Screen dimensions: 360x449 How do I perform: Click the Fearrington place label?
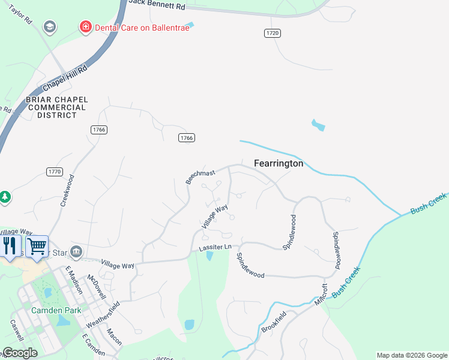[279, 163]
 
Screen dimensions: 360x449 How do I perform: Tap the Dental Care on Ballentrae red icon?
[85, 27]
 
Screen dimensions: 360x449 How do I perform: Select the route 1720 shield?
[272, 33]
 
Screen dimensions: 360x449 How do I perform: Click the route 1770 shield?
[54, 172]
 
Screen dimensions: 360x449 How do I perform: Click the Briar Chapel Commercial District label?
[57, 107]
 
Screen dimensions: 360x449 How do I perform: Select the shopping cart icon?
[37, 245]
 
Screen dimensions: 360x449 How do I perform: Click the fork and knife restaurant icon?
[10, 245]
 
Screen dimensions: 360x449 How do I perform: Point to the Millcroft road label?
[321, 294]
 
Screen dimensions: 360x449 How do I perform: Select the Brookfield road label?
[290, 325]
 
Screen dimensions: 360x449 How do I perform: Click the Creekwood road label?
[66, 190]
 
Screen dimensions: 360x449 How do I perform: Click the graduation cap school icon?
[49, 27]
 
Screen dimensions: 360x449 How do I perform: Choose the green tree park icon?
[5, 197]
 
